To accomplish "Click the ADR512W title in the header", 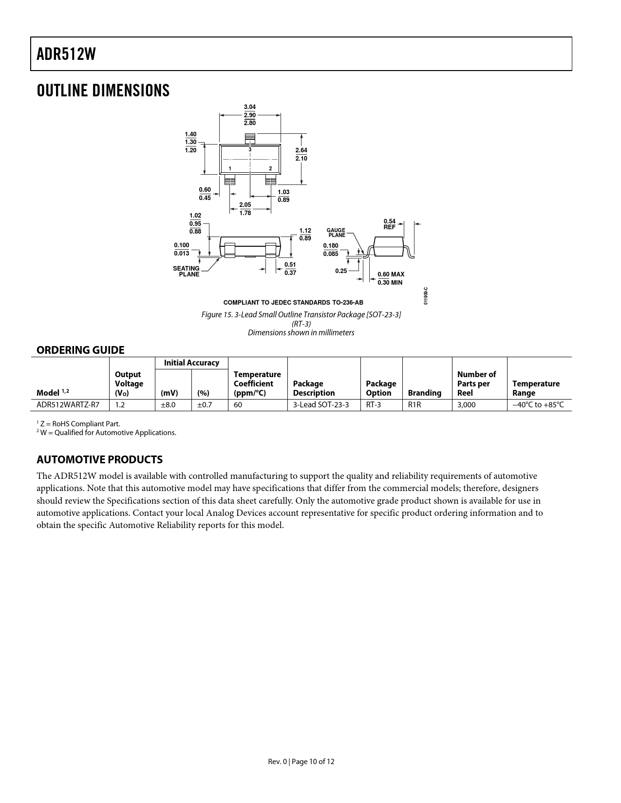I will [66, 55].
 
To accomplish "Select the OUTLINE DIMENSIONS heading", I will [103, 91].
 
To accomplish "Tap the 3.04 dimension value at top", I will [250, 107].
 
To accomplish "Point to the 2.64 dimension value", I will [301, 150].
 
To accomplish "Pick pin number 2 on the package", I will [270, 169].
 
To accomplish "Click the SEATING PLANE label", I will [187, 272].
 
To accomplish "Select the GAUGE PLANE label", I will [336, 233].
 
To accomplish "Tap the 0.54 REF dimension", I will [390, 224].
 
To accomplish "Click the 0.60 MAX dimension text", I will [391, 274].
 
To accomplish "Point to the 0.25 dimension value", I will [341, 271].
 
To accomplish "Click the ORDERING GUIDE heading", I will [80, 350].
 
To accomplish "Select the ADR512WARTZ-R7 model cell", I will [68, 404].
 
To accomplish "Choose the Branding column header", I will [424, 393].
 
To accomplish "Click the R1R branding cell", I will [414, 404].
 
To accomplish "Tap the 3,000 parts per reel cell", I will [466, 404].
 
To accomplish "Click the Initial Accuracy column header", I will [191, 363].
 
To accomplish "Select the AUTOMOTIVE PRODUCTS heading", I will [99, 459].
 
